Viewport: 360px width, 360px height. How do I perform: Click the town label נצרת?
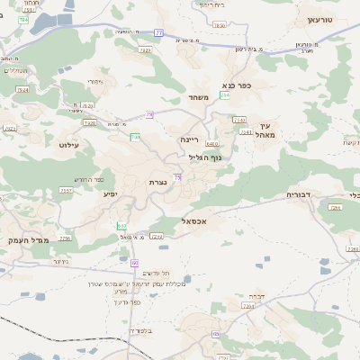(157, 182)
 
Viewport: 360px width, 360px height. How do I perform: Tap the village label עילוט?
(71, 144)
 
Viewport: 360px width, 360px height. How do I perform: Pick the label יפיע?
(111, 193)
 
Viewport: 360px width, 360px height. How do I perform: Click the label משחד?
(199, 97)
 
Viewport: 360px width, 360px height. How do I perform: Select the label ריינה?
(189, 139)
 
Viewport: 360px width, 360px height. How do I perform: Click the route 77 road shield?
(159, 33)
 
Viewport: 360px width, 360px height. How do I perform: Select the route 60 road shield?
(134, 262)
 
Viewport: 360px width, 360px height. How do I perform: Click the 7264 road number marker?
(249, 307)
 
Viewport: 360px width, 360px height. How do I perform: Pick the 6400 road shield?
(211, 143)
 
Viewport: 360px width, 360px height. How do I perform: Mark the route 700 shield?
(136, 137)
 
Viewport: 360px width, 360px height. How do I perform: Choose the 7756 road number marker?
(65, 238)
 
